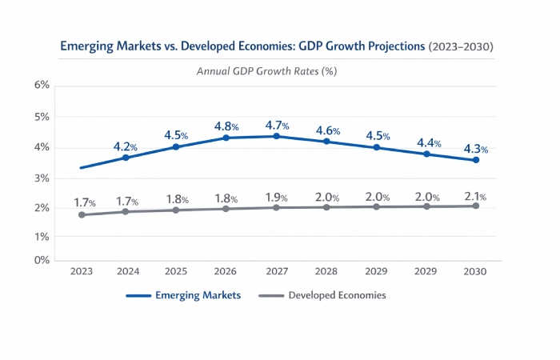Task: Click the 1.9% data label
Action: [x=276, y=198]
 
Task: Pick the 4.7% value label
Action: [x=275, y=126]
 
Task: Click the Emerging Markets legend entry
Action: [x=183, y=295]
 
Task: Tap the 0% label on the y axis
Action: [x=42, y=260]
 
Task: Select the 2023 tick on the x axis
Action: [x=82, y=272]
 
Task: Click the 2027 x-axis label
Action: [x=276, y=272]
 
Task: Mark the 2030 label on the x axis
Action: [x=474, y=272]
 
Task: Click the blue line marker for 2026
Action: [x=226, y=138]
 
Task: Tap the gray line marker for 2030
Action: [x=475, y=206]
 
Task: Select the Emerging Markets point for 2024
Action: [x=126, y=158]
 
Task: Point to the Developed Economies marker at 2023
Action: [x=82, y=214]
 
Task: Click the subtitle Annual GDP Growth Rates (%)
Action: [x=266, y=70]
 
